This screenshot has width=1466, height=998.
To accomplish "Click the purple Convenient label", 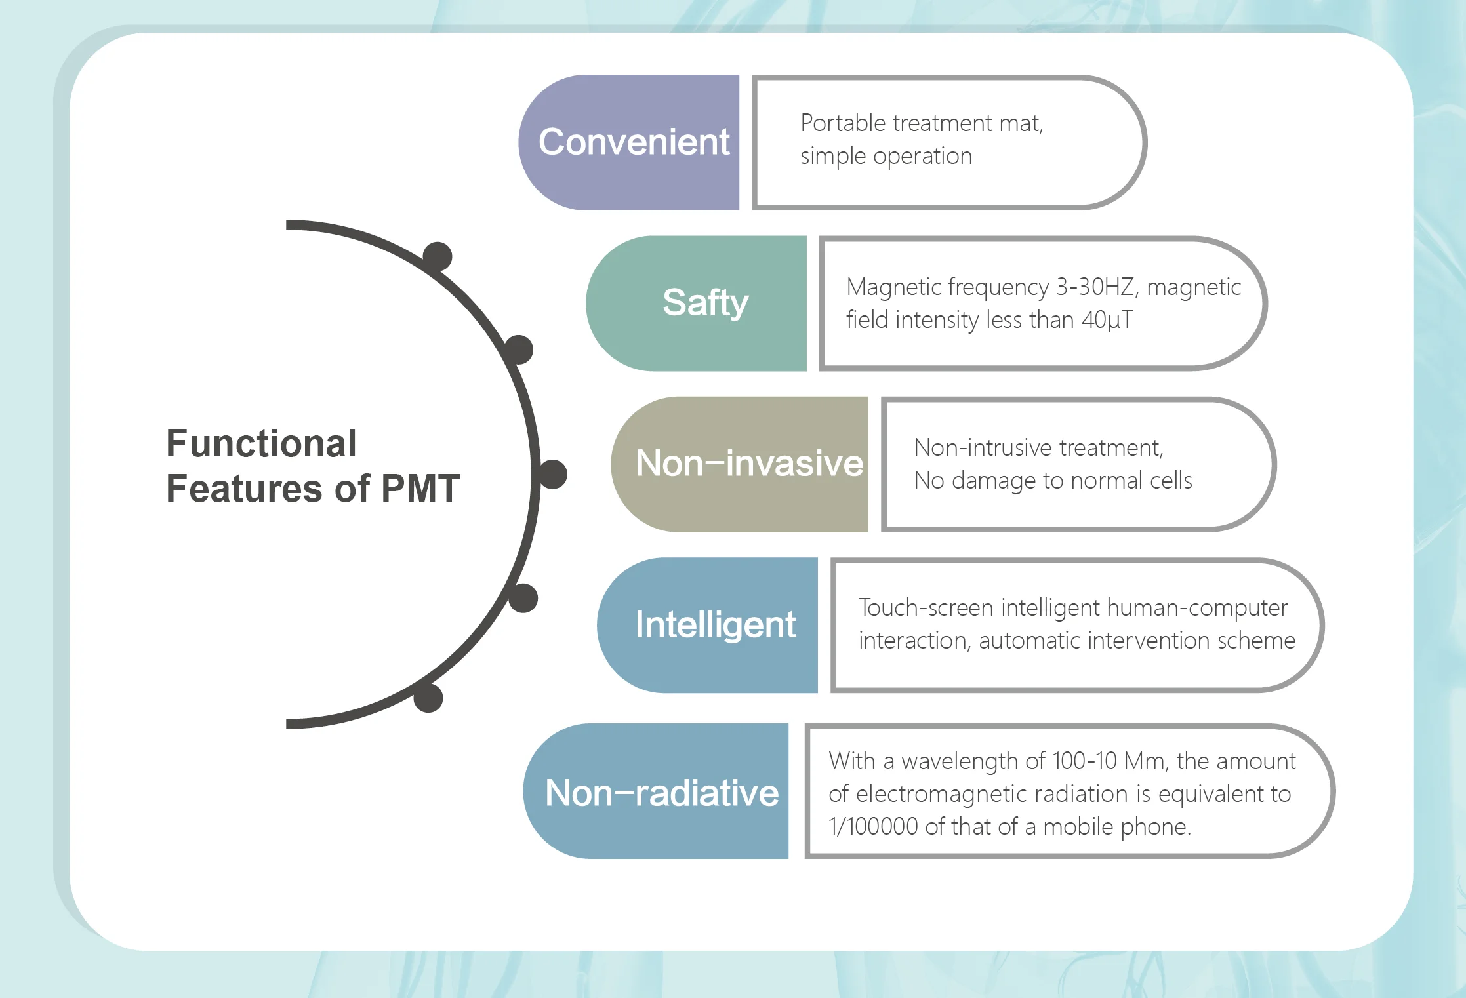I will click(x=633, y=142).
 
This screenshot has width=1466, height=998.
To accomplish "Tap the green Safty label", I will click(x=704, y=303).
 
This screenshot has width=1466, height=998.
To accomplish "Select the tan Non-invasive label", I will click(x=748, y=464).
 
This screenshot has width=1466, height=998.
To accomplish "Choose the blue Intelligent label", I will click(x=715, y=624).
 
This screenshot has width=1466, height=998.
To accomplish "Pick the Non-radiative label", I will click(x=661, y=792).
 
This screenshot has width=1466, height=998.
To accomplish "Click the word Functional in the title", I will click(x=261, y=443).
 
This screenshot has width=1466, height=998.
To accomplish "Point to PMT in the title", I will click(x=420, y=489).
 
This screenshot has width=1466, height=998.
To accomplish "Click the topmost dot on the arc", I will click(x=438, y=256).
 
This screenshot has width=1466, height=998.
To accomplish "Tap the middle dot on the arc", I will click(x=553, y=474).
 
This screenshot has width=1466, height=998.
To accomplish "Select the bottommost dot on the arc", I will click(x=428, y=698).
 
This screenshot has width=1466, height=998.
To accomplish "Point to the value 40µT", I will click(x=1107, y=320).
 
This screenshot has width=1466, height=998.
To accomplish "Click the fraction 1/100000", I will click(x=872, y=827).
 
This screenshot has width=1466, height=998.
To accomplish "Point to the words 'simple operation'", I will click(x=886, y=156).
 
